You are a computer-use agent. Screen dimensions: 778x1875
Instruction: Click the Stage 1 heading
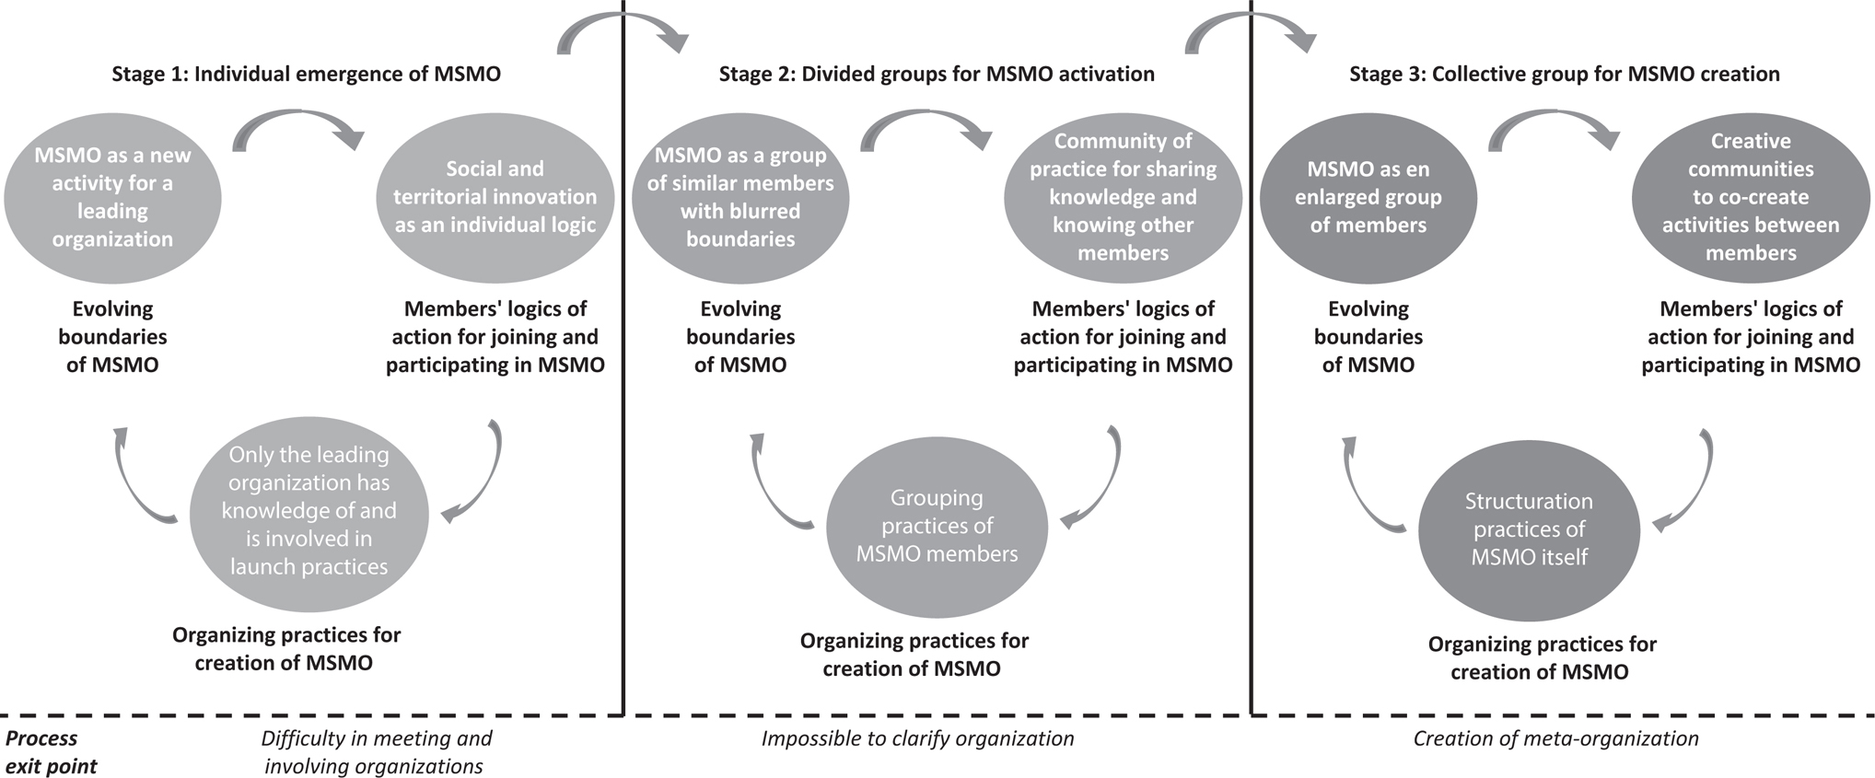coord(306,74)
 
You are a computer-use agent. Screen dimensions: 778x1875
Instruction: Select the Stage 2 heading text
coord(937,74)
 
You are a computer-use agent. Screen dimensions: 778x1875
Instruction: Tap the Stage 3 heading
coord(1564,74)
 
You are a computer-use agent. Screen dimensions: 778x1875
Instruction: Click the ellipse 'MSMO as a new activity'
coord(112,197)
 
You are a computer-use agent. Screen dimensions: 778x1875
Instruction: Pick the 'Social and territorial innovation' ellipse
coord(495,197)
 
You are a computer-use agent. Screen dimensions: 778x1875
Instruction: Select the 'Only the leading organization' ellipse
coord(309,510)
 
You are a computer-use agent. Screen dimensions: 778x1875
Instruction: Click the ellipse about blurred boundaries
coord(740,197)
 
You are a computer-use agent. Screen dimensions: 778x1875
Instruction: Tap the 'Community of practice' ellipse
coord(1123,197)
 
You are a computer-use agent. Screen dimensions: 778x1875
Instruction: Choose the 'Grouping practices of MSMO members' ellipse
coord(937,526)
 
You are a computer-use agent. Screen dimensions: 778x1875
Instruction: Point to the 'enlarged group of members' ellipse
coord(1368,197)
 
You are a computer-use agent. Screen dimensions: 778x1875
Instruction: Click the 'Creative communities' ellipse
coord(1750,197)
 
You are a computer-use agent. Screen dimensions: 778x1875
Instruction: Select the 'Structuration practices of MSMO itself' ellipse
coord(1529,529)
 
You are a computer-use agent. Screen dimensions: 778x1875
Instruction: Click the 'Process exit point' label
coord(51,752)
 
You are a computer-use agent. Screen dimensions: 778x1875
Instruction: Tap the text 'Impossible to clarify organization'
coord(917,738)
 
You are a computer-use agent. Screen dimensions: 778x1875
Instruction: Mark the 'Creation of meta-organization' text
coord(1555,738)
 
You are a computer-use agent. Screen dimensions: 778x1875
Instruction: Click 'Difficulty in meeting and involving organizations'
coord(376,752)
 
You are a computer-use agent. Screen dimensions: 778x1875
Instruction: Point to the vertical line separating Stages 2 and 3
coord(1251,368)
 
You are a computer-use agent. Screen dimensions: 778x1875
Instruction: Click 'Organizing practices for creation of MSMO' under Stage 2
coord(914,655)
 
